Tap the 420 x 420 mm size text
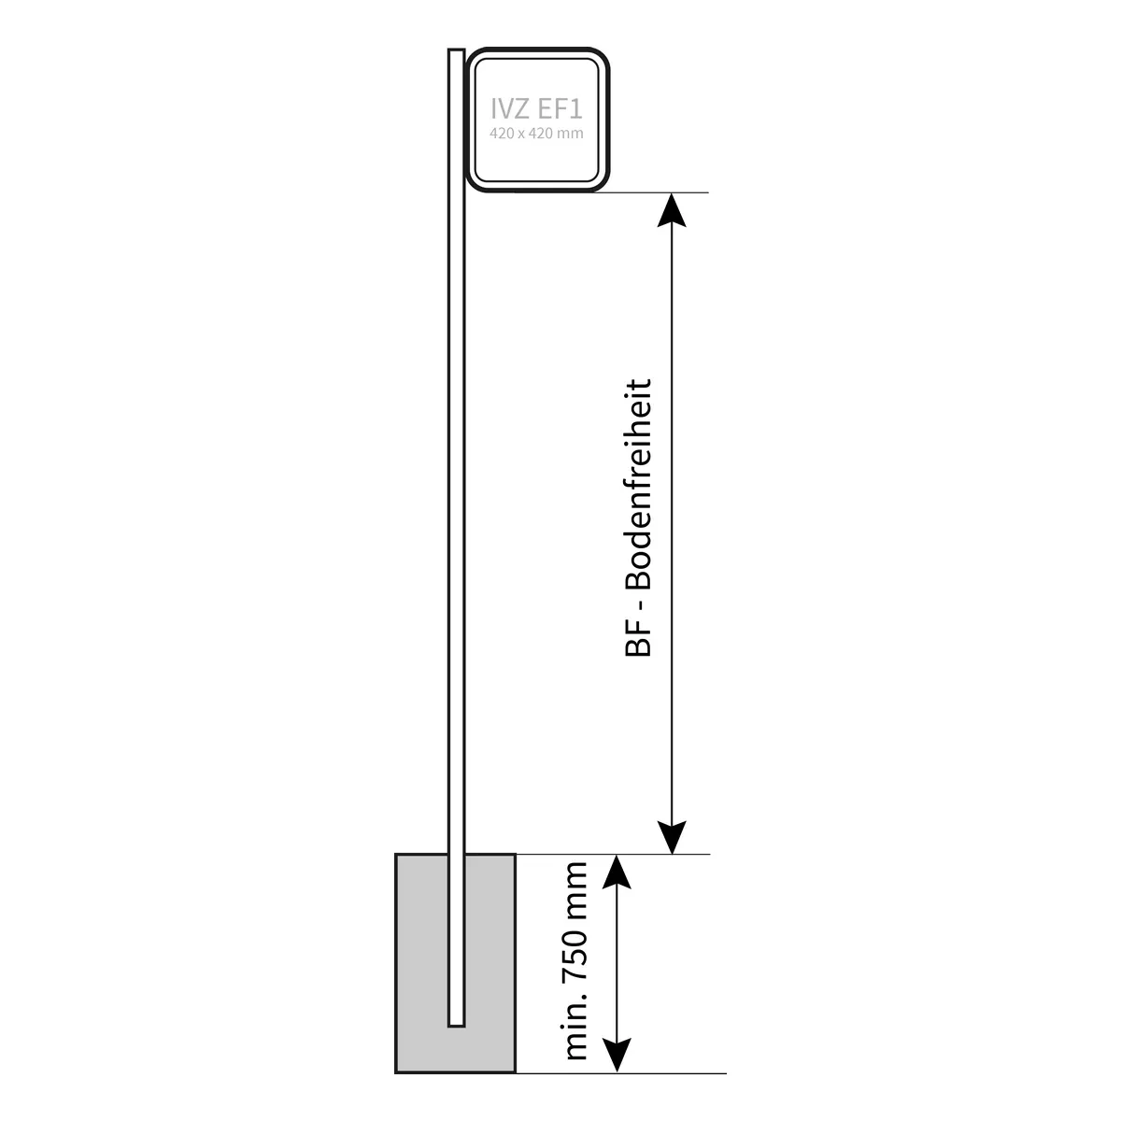tap(537, 134)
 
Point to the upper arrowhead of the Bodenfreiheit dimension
tap(672, 211)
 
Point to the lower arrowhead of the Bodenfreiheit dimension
tap(672, 837)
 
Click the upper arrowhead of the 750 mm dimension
tap(617, 871)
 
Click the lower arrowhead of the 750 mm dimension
tap(617, 1056)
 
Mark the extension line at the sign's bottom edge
tap(654, 192)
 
